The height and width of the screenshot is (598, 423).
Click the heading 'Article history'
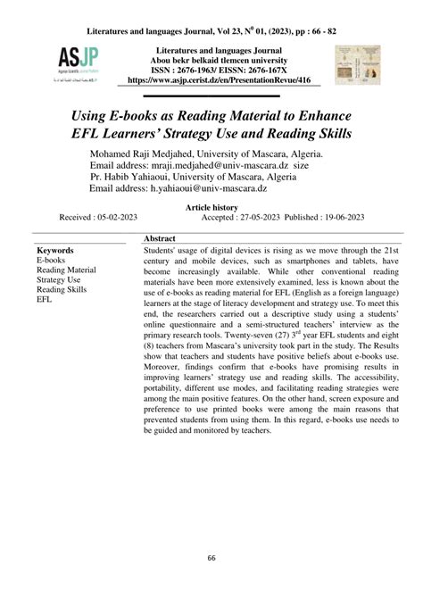tap(211, 205)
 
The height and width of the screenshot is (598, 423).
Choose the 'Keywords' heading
tap(55, 253)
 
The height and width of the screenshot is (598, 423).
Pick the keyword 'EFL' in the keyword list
tap(45, 301)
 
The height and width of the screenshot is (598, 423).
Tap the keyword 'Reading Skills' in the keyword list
tap(62, 290)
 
